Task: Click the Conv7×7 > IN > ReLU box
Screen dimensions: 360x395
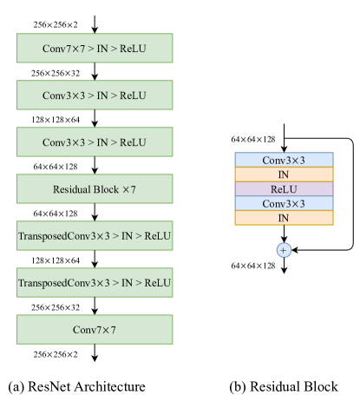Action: pyautogui.click(x=95, y=48)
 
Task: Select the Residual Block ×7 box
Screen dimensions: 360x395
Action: pyautogui.click(x=95, y=188)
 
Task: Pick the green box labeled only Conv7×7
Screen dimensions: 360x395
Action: pyautogui.click(x=95, y=330)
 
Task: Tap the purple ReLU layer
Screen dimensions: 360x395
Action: pyautogui.click(x=284, y=189)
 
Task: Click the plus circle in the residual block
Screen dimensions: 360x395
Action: pyautogui.click(x=284, y=250)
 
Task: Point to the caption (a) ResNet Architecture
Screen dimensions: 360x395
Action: pyautogui.click(x=76, y=386)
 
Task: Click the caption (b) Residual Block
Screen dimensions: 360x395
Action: pyautogui.click(x=284, y=386)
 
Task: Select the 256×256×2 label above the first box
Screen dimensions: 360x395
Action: pyautogui.click(x=56, y=25)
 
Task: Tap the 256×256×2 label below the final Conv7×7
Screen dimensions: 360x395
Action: pyautogui.click(x=56, y=354)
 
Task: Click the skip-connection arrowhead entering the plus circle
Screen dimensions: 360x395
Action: pyautogui.click(x=294, y=250)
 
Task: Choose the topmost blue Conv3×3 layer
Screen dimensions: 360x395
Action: pyautogui.click(x=284, y=160)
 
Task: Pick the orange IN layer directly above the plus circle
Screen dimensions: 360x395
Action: pyautogui.click(x=284, y=218)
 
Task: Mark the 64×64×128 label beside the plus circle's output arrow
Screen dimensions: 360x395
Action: pyautogui.click(x=253, y=266)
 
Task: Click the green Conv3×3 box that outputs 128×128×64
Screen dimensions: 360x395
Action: pyautogui.click(x=95, y=95)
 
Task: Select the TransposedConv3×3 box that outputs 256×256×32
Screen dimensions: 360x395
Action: pyautogui.click(x=95, y=283)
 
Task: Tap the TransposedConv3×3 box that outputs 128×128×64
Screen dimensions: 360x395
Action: pyautogui.click(x=95, y=235)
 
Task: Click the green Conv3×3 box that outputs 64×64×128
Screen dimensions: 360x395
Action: pyautogui.click(x=95, y=142)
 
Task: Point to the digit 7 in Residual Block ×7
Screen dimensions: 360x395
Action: pyautogui.click(x=133, y=189)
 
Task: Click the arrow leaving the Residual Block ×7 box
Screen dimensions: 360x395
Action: pyautogui.click(x=95, y=212)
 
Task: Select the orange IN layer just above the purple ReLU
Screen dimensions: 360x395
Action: pyautogui.click(x=284, y=174)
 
